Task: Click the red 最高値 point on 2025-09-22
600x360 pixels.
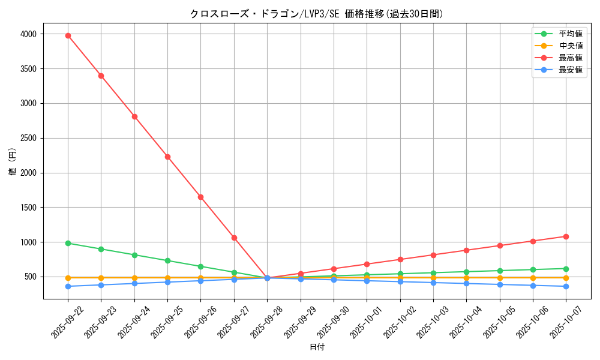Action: click(x=68, y=35)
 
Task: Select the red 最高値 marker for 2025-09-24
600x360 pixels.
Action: click(x=134, y=116)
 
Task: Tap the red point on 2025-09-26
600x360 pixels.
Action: click(x=200, y=197)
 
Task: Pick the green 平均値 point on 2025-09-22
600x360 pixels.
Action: click(x=68, y=243)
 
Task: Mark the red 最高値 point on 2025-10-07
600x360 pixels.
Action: click(x=566, y=236)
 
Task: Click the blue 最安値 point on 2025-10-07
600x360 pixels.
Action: click(x=566, y=286)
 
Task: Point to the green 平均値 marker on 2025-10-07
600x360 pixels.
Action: click(x=566, y=269)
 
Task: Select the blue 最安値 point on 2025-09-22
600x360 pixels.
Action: click(x=68, y=286)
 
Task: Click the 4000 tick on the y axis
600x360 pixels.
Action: click(x=29, y=34)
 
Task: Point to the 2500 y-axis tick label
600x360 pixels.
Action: click(x=29, y=138)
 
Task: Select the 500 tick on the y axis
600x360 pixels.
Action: click(x=31, y=277)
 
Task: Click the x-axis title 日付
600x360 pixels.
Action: click(x=317, y=347)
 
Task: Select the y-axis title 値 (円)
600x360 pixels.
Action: click(x=12, y=162)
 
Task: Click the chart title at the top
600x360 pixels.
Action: click(x=317, y=14)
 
